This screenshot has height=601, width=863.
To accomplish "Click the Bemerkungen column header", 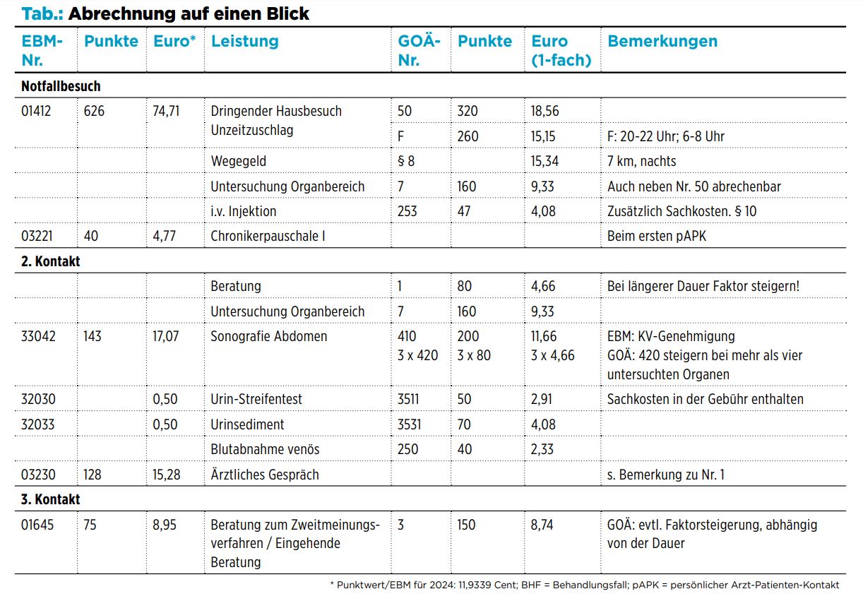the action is pos(662,41).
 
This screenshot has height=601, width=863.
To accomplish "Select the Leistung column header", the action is pos(244,41).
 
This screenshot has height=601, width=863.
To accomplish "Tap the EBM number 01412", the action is pos(36,111).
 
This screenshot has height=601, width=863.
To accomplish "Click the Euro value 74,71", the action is pos(166,111).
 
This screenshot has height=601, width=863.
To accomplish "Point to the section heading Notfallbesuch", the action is pos(61,86).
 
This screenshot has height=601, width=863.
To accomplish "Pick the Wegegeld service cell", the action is pos(239,161).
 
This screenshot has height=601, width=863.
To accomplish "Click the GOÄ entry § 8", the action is pos(406,161).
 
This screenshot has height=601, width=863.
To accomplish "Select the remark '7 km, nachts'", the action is pos(641,161).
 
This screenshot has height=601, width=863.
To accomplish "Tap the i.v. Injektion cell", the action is pos(244,211).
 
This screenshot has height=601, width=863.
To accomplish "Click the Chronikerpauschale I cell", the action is pos(268,236).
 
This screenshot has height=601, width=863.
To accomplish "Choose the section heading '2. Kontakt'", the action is pos(50,261).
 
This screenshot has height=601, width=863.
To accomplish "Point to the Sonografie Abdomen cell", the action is pos(269,336).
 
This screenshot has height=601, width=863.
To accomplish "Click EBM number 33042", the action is pos(38,336).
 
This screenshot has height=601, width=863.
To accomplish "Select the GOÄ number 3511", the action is pos(408,399).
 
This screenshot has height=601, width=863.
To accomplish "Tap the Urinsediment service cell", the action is pos(247,424).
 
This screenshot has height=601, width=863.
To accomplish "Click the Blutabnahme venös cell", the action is pos(265,449).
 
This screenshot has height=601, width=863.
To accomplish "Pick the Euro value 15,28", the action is pos(167,475).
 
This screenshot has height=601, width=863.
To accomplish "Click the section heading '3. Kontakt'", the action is pos(50,499).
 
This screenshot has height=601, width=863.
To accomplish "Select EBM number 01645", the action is pos(37,525).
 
